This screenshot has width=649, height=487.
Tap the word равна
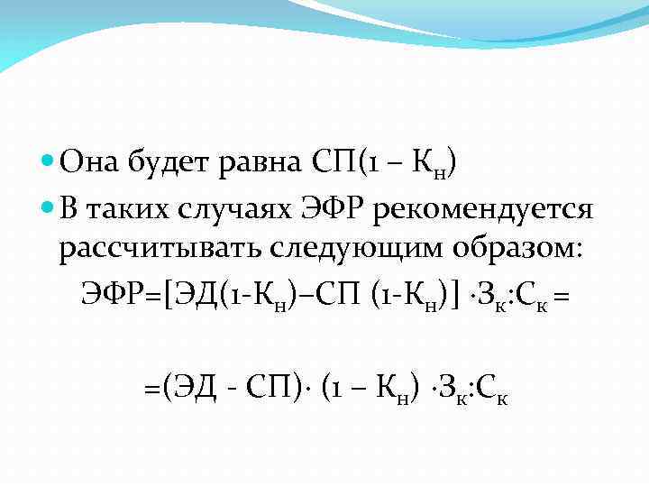click(x=262, y=165)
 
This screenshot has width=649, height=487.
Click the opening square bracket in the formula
click(x=164, y=292)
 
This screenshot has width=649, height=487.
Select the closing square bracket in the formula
click(x=456, y=292)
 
